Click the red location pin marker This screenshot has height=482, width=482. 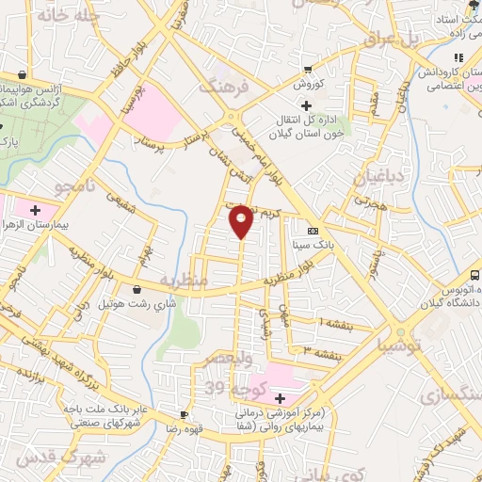tap(242, 221)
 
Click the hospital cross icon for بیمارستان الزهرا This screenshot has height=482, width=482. tap(37, 208)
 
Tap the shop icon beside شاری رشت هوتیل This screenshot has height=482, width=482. tap(139, 289)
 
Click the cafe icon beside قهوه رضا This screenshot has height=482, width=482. tap(185, 414)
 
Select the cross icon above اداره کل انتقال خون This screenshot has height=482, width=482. tap(304, 105)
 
